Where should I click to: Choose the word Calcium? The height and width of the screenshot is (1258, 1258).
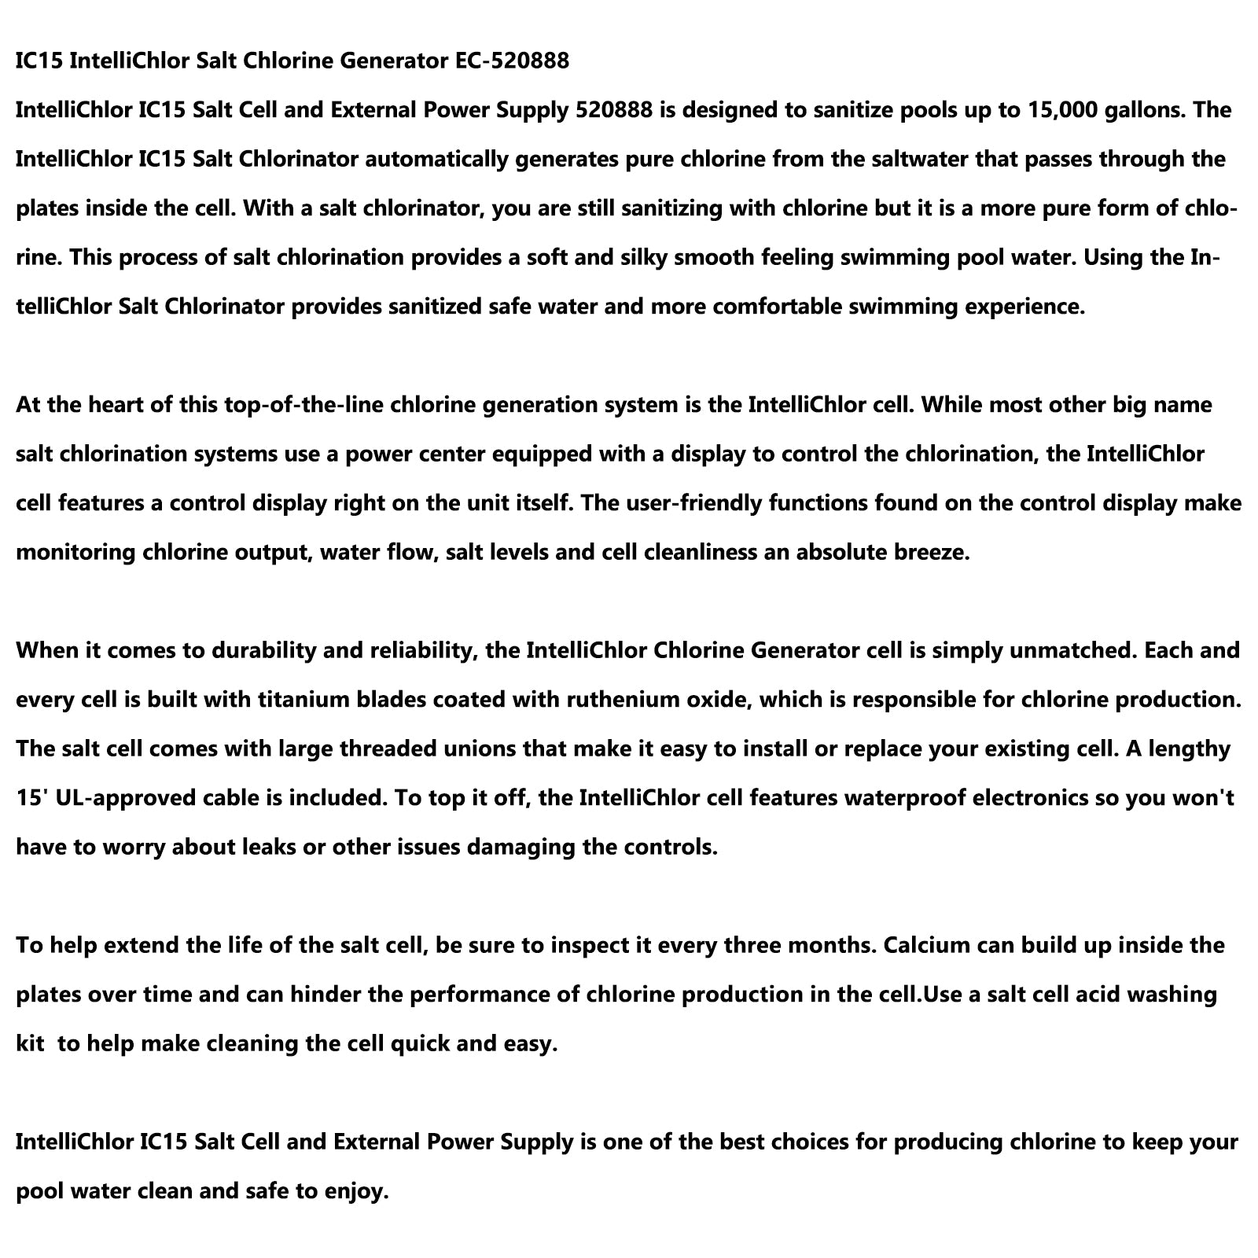point(929,945)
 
